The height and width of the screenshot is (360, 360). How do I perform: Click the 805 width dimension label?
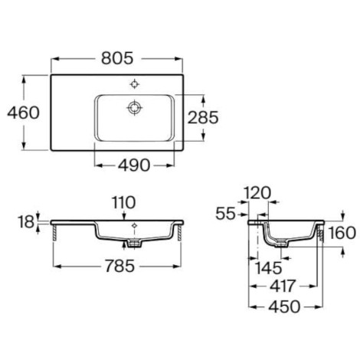point(117,58)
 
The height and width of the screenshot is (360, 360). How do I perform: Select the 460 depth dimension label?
point(23,113)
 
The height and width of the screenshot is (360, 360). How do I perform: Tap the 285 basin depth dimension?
point(203,117)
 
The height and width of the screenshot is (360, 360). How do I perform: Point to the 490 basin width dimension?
point(134,165)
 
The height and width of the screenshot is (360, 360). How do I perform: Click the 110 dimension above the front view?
point(124,202)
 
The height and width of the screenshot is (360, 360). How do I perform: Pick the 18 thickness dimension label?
point(26,221)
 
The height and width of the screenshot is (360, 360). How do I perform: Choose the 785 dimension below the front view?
point(119,266)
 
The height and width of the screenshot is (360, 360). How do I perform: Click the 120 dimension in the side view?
point(257,193)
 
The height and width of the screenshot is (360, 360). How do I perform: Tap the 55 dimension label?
point(225,214)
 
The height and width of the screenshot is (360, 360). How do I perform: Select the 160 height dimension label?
point(342,233)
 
